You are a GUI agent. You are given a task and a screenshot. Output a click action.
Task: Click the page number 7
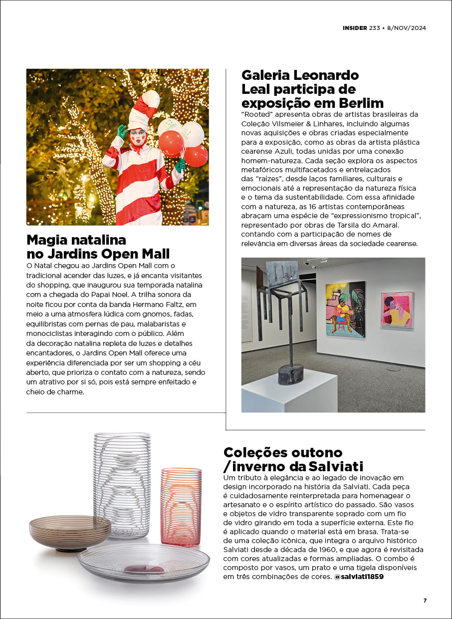coord(425,601)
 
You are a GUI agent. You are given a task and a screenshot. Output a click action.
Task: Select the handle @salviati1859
coord(359,577)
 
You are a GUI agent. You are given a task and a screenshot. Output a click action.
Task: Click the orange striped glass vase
coord(181,506)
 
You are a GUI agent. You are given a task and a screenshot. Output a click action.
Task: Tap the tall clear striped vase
coord(122,484)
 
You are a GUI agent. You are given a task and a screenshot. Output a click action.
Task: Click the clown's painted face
coord(138,136)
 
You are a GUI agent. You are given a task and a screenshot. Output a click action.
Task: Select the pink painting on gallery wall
coord(397,309)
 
